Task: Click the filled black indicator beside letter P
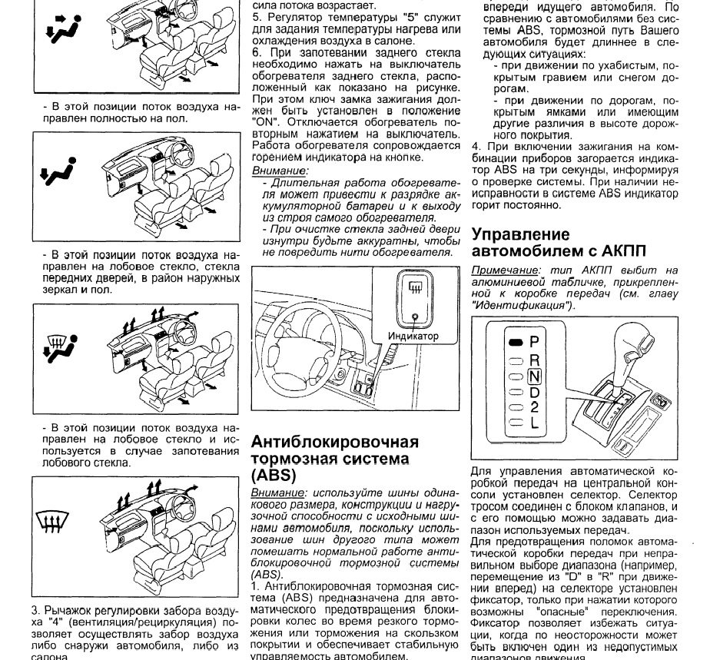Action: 516,342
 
